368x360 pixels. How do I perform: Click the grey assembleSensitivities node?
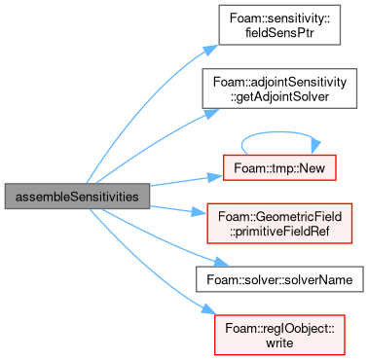77,197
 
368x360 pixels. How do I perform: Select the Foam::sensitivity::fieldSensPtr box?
279,25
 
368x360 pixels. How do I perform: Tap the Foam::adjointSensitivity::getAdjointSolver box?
279,89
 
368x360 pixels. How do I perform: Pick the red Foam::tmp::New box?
279,167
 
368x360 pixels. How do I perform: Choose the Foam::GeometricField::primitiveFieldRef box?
279,224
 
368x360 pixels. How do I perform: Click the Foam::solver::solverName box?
279,279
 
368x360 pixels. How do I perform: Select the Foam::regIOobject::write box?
279,335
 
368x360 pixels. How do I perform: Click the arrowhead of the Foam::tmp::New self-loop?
315,147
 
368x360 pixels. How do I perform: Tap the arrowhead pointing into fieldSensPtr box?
210,50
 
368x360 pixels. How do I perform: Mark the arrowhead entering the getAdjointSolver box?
211,113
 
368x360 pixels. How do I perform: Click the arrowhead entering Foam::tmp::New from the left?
215,177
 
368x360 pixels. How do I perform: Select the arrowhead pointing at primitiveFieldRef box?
200,212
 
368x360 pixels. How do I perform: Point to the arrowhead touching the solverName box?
221,262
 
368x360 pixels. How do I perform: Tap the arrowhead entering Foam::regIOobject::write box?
208,309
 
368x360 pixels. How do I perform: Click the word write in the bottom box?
279,342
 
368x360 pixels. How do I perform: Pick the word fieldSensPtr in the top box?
279,33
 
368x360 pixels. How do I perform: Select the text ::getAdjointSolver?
279,96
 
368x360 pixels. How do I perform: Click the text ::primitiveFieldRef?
279,232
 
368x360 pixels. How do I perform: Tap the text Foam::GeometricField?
279,216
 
